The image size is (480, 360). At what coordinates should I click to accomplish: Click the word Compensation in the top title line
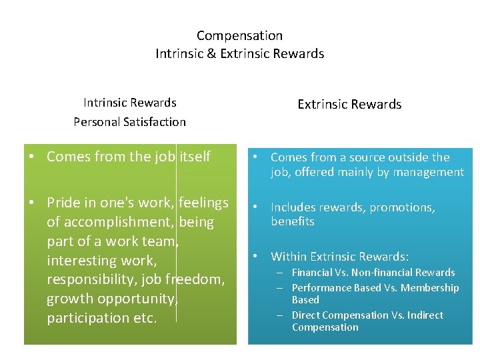tap(239, 36)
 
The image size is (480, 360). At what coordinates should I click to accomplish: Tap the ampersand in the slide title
tap(211, 53)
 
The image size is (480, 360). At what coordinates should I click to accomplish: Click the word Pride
tap(64, 202)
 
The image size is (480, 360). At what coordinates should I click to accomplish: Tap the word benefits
tap(292, 221)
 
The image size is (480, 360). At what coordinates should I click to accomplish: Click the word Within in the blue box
tap(288, 257)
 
